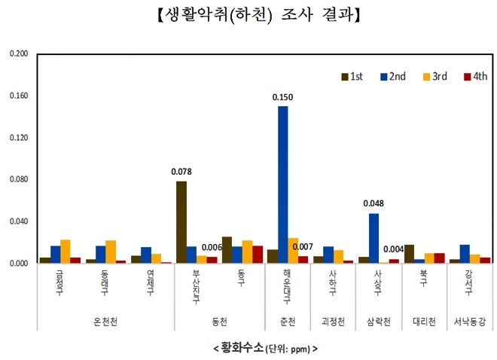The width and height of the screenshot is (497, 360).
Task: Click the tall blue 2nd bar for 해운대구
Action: coord(282,185)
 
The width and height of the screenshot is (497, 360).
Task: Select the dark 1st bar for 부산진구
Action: coord(181,222)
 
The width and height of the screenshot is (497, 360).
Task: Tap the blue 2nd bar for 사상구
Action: coord(374,238)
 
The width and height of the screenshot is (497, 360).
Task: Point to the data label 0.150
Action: coord(282,97)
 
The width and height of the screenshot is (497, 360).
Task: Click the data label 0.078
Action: coord(181,172)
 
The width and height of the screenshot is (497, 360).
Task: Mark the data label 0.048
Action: coord(374,203)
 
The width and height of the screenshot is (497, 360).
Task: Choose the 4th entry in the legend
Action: coord(475,76)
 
